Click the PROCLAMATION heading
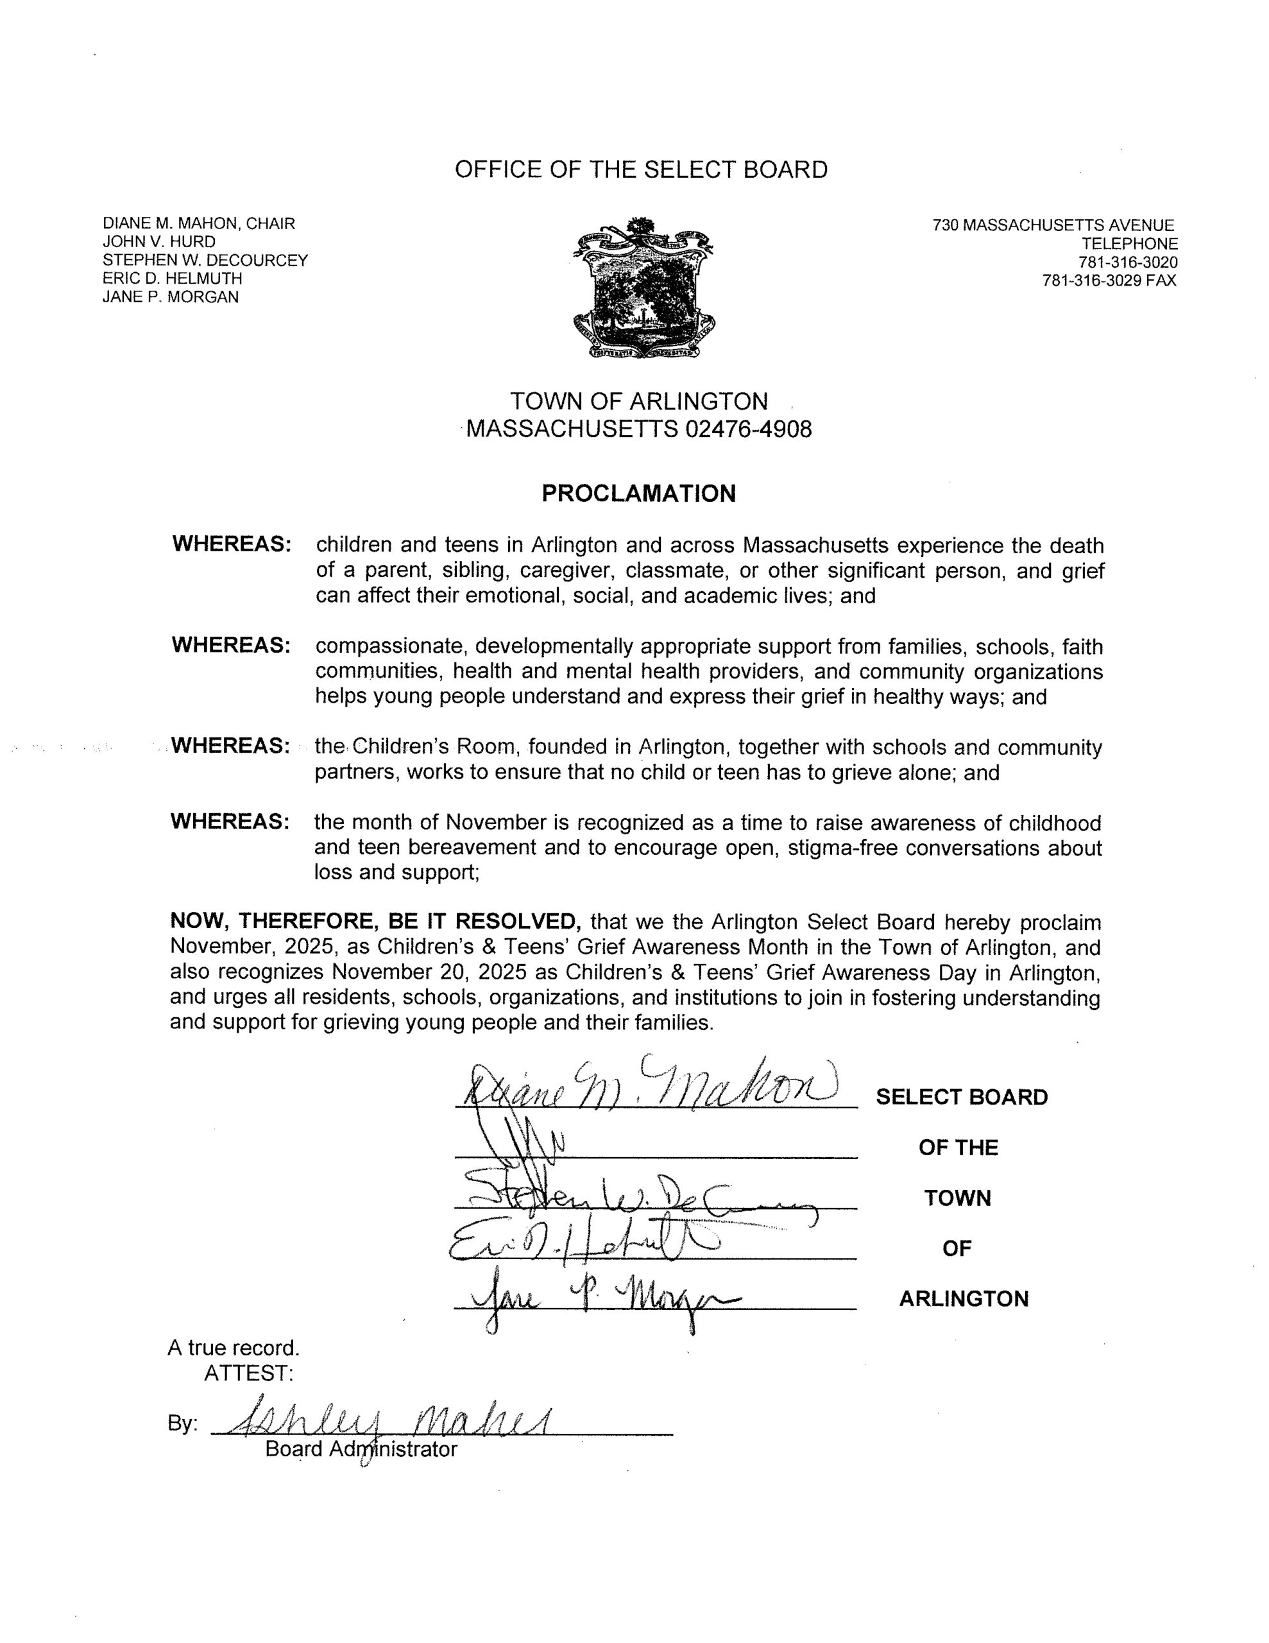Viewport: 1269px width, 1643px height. click(x=638, y=494)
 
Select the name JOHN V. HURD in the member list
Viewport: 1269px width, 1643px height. click(x=158, y=241)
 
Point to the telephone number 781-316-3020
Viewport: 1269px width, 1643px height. click(x=1128, y=262)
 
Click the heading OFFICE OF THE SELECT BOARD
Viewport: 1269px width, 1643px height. click(x=641, y=169)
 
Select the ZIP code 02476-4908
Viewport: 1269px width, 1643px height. click(x=749, y=429)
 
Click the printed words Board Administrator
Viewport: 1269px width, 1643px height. click(x=361, y=1449)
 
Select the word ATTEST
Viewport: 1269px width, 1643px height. click(x=248, y=1373)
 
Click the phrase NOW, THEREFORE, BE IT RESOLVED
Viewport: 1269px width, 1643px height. click(x=375, y=922)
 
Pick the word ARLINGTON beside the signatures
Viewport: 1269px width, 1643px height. click(x=964, y=1299)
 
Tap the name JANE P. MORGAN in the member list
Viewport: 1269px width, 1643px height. click(x=170, y=297)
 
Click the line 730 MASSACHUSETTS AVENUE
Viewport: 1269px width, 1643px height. click(x=1053, y=225)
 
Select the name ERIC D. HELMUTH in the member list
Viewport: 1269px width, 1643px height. click(x=173, y=279)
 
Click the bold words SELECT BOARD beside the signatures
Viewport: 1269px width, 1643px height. click(x=961, y=1097)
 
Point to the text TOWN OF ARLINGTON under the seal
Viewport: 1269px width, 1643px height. click(x=638, y=401)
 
